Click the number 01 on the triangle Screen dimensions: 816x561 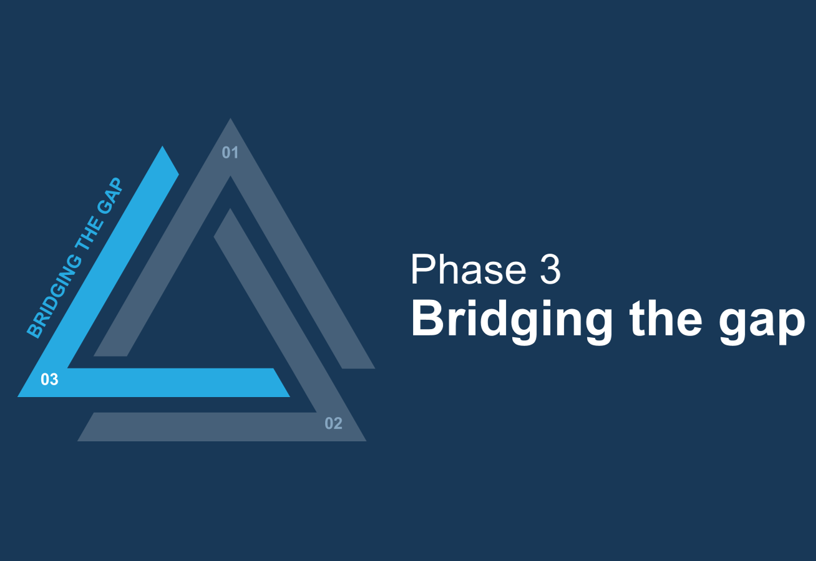coord(230,153)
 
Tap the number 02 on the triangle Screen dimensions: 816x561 coord(333,423)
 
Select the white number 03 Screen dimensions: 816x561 coord(49,380)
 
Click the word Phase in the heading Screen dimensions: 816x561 coord(468,269)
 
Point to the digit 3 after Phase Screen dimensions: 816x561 coord(550,269)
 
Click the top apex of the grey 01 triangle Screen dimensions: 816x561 coord(230,118)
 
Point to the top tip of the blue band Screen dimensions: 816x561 coord(162,146)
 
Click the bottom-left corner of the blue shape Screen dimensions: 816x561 coord(18,396)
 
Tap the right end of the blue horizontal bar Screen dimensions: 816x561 coord(289,396)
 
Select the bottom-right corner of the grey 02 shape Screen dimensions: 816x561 coord(366,441)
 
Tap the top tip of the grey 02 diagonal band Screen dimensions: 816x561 coord(230,209)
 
